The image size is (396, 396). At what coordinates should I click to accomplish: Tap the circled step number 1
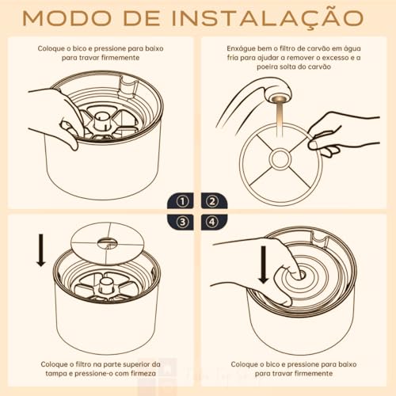[x=182, y=200]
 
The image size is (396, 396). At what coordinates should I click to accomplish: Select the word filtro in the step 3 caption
[x=86, y=364]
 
